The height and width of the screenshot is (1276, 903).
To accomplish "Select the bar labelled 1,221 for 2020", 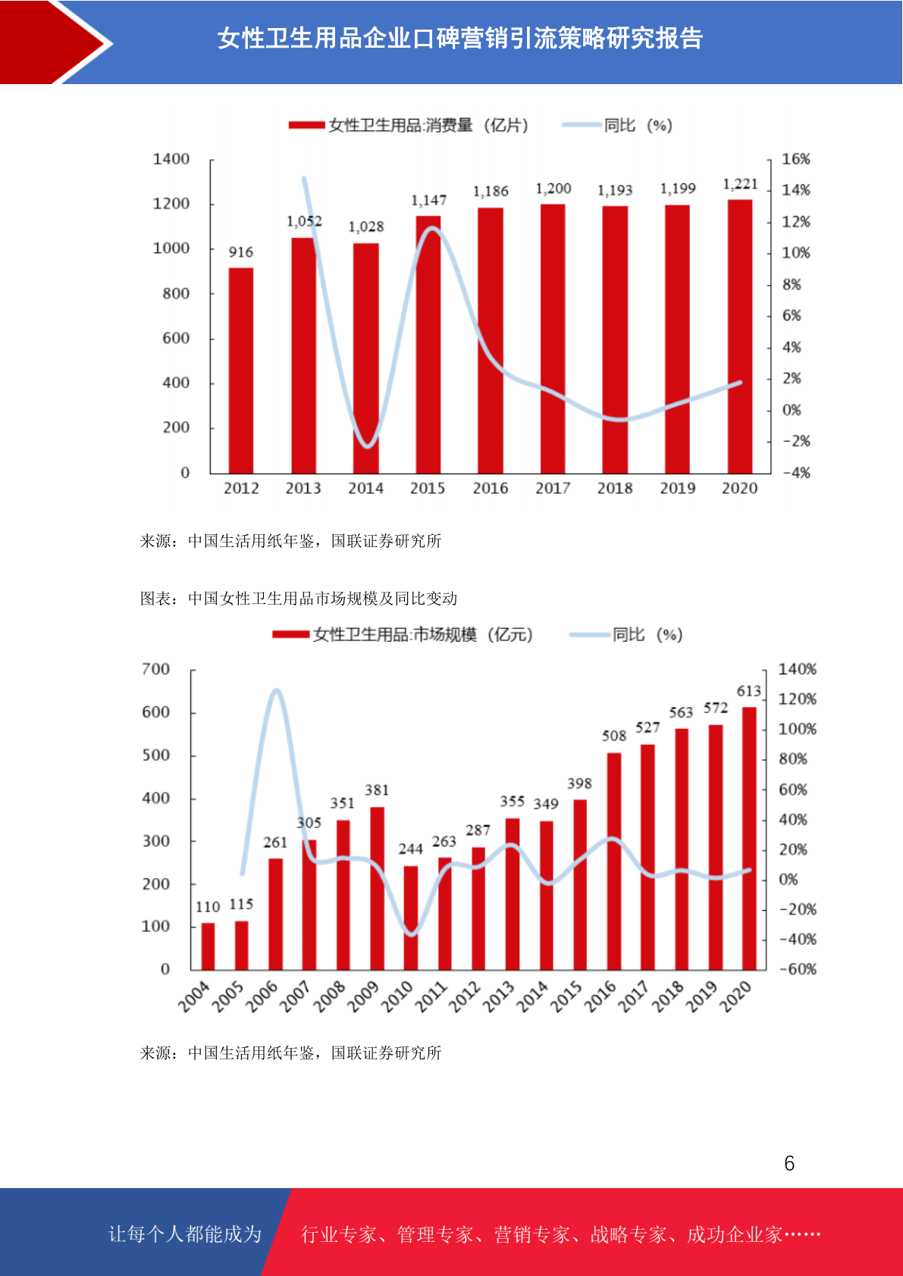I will (x=740, y=336).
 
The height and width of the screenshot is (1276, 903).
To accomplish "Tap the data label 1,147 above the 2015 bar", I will (x=429, y=201).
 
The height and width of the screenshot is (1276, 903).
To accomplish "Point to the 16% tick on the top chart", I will (x=795, y=159).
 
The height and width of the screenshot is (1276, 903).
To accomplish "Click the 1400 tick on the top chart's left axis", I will (x=171, y=159).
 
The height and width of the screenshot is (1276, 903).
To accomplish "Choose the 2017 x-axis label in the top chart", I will (x=553, y=489).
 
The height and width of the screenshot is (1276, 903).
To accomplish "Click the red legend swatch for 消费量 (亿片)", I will (x=306, y=126).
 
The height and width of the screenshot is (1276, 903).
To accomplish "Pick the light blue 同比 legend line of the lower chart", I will (x=589, y=635).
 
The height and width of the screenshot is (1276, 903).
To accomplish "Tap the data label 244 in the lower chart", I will (x=411, y=849).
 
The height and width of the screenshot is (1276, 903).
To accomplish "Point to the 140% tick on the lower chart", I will (x=797, y=670).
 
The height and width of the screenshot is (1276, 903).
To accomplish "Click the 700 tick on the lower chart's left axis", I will (x=155, y=670).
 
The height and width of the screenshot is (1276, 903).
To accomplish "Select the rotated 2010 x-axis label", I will (x=397, y=996).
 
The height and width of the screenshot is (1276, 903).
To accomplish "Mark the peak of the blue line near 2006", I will (x=277, y=690).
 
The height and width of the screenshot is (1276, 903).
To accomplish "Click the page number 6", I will (x=789, y=1164).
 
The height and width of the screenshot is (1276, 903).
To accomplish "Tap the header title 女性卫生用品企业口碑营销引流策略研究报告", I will (x=460, y=39).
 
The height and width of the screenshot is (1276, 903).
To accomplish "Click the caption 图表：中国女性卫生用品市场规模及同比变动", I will (x=299, y=599).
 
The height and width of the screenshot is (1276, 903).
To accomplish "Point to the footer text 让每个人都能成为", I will (x=185, y=1234).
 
